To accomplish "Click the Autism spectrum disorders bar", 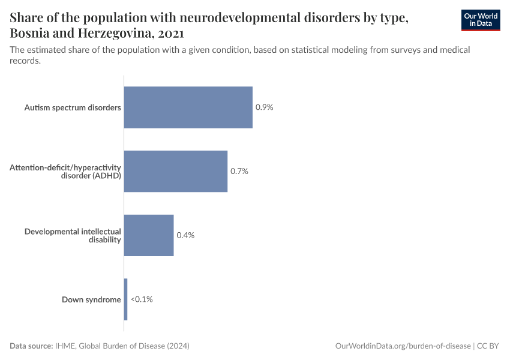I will (x=188, y=107).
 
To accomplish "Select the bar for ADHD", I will (x=175, y=171).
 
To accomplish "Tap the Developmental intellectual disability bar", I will (x=148, y=235).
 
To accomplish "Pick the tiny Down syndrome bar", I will (x=125, y=299).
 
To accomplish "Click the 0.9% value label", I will (x=264, y=107).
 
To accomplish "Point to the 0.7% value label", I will (x=239, y=171).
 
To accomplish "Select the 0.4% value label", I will (x=185, y=235).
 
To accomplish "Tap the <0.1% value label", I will (x=142, y=299).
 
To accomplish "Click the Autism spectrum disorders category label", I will (x=73, y=108).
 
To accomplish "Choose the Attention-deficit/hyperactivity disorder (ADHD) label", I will (x=65, y=171).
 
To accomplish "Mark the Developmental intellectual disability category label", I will (x=73, y=235).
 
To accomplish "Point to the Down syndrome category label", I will (x=91, y=299).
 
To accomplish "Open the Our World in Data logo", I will (x=480, y=20).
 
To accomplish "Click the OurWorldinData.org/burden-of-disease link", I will (x=403, y=346).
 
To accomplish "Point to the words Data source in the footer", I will (x=31, y=346).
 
